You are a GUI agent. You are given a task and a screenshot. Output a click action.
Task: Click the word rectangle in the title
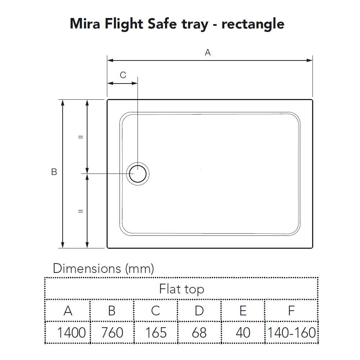click(x=253, y=24)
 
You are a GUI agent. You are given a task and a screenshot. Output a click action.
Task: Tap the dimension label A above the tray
click(x=207, y=53)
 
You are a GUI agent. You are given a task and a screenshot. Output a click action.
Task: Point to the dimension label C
click(x=123, y=75)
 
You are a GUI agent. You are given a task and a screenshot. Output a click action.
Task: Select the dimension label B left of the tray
click(x=54, y=172)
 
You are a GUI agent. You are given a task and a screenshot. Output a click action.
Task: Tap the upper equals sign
click(x=80, y=137)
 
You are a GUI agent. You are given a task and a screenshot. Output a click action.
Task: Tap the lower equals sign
click(x=80, y=211)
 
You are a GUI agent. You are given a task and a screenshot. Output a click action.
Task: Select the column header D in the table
click(x=199, y=311)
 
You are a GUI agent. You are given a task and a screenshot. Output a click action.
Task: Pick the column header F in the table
click(x=291, y=311)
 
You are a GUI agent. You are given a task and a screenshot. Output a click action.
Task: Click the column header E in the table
click(x=243, y=311)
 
